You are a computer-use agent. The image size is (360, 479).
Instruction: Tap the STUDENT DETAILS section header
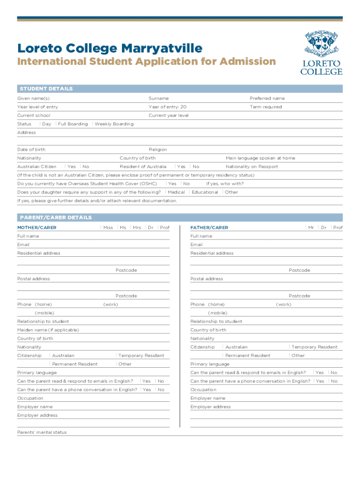point(46,88)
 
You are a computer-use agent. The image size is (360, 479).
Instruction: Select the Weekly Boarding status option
point(114,124)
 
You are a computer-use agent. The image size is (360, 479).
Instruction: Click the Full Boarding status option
point(72,124)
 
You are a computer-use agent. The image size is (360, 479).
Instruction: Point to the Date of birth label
point(31,150)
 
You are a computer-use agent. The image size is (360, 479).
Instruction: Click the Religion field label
point(158,150)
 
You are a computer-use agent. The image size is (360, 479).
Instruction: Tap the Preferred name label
point(267,99)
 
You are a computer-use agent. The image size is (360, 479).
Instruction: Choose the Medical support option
point(176,192)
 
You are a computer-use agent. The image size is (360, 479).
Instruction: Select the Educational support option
point(204,192)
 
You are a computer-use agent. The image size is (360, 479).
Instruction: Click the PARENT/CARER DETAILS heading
point(55,218)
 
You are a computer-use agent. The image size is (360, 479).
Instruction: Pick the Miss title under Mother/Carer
point(107,228)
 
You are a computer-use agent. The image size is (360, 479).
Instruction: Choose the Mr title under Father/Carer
point(310,228)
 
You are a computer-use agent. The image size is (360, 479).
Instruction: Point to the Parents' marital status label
point(42,433)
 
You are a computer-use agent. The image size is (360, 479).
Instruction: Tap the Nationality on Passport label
point(252,167)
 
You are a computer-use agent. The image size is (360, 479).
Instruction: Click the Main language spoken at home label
point(260,158)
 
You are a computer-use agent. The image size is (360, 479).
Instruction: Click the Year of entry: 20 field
point(167,107)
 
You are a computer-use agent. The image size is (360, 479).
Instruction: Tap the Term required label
point(266,107)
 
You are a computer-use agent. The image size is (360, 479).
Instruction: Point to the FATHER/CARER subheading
point(209,228)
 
